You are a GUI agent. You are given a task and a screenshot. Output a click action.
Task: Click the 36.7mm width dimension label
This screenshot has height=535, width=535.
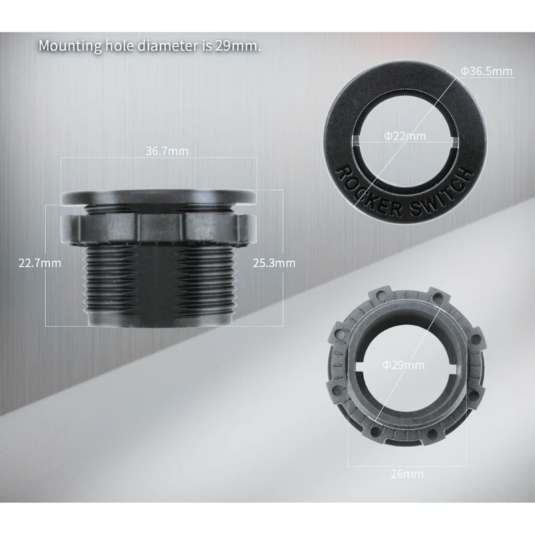click(167, 151)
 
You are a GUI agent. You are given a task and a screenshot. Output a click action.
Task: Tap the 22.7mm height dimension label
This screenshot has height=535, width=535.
click(39, 263)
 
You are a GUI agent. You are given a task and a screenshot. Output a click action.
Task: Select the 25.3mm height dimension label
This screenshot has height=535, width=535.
click(274, 263)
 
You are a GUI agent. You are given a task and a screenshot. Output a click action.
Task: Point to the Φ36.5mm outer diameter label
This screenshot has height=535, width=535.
click(486, 71)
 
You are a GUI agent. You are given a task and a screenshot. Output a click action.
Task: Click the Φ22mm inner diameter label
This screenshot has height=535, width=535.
click(405, 136)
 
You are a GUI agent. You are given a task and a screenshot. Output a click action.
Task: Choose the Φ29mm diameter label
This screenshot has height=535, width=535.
click(403, 364)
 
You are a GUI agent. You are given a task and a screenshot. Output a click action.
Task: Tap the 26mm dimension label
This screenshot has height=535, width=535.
click(407, 473)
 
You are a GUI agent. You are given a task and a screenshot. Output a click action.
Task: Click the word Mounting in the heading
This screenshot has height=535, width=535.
click(70, 45)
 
